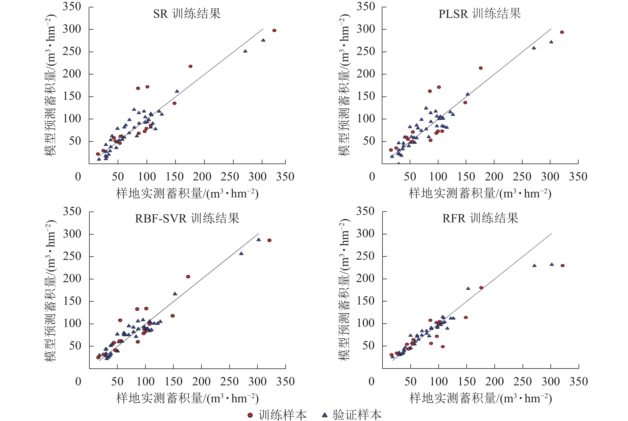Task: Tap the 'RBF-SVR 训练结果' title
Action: pos(187,218)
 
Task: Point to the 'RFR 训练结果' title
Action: pos(480,218)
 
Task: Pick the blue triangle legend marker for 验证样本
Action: pos(325,415)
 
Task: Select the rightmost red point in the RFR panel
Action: pos(562,265)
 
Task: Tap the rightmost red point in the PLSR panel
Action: pos(562,32)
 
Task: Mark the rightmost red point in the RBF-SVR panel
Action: pos(269,240)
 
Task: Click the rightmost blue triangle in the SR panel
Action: pos(263,40)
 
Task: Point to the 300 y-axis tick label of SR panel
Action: pos(72,29)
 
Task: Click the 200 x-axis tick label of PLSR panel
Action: pos(494,177)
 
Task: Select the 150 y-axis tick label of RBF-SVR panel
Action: pos(72,301)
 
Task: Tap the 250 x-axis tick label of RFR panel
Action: pos(522,382)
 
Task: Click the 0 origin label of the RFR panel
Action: pos(371,382)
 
